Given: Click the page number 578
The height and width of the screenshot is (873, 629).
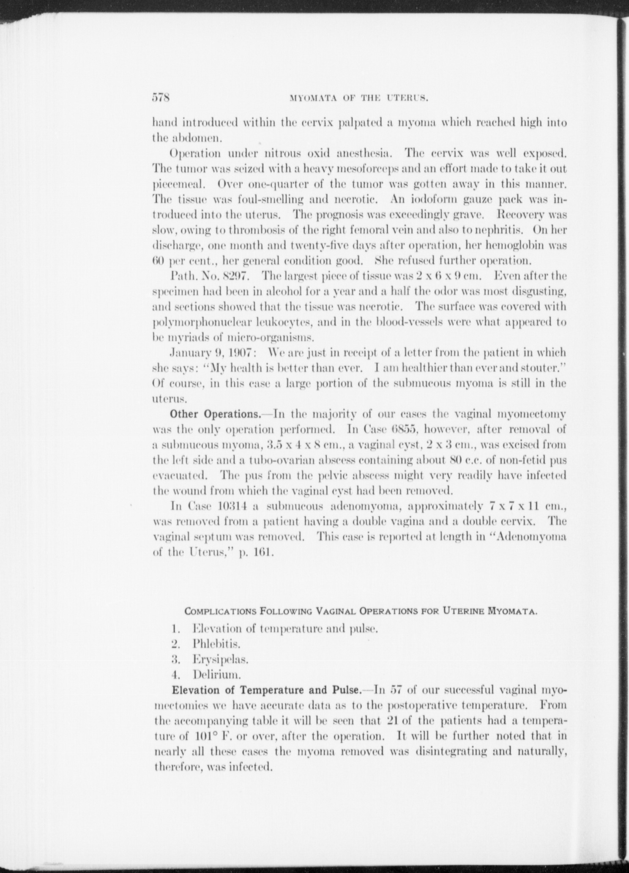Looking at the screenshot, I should [x=161, y=98].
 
